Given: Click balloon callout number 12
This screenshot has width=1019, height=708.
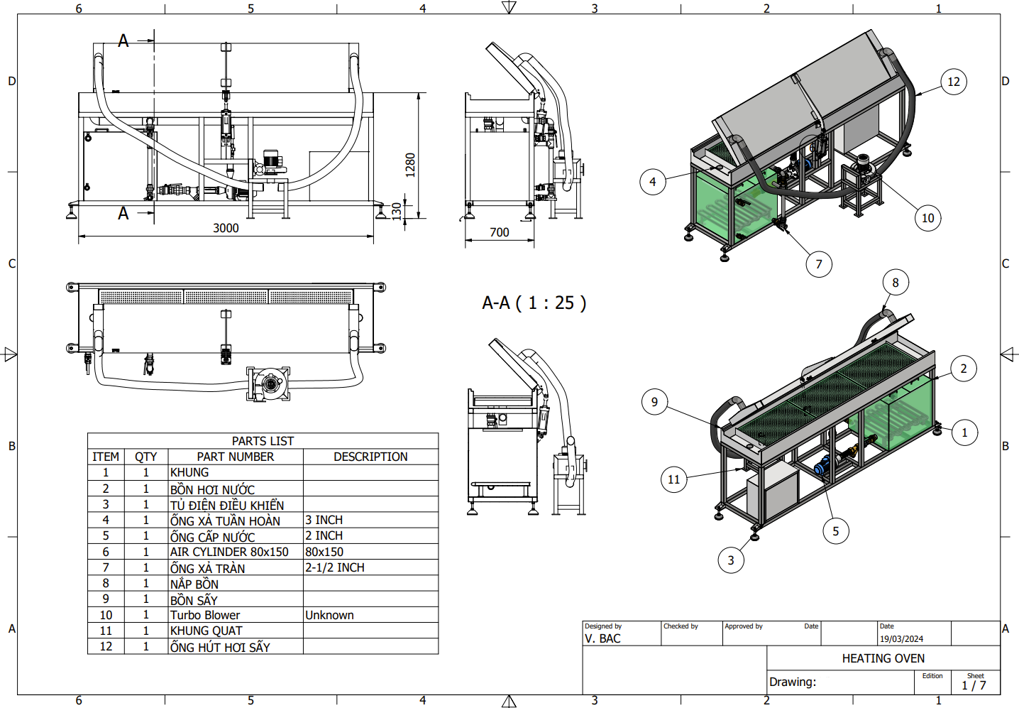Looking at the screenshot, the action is pyautogui.click(x=954, y=82).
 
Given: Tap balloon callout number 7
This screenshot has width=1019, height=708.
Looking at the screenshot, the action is pyautogui.click(x=819, y=264).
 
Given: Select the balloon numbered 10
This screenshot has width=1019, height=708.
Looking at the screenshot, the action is pyautogui.click(x=928, y=218).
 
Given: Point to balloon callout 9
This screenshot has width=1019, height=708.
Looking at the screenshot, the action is pyautogui.click(x=655, y=402).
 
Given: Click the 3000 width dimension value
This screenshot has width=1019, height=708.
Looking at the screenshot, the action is pyautogui.click(x=226, y=228).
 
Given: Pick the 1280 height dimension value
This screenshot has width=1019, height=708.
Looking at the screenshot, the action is pyautogui.click(x=410, y=165).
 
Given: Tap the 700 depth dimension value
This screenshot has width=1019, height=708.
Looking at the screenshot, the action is pyautogui.click(x=499, y=232).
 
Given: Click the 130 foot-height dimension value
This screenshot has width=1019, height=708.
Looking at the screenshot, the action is pyautogui.click(x=397, y=211).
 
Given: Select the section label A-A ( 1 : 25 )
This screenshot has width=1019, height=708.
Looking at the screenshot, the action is pyautogui.click(x=534, y=303).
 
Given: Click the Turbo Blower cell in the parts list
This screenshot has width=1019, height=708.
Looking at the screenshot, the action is pyautogui.click(x=204, y=615).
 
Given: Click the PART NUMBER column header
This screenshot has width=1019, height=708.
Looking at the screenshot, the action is pyautogui.click(x=235, y=457).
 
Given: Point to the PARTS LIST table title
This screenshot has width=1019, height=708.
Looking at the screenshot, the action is pyautogui.click(x=263, y=441).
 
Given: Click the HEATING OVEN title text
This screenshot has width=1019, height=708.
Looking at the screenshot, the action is pyautogui.click(x=883, y=658).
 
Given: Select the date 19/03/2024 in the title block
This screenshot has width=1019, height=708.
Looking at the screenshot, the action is pyautogui.click(x=902, y=639).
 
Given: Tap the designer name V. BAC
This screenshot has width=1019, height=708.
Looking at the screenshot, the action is pyautogui.click(x=602, y=639).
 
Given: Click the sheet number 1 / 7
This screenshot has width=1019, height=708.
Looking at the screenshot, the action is pyautogui.click(x=974, y=686).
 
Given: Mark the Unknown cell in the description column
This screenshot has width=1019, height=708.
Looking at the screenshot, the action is pyautogui.click(x=329, y=615).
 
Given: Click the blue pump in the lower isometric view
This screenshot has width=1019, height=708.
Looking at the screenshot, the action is pyautogui.click(x=823, y=466).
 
